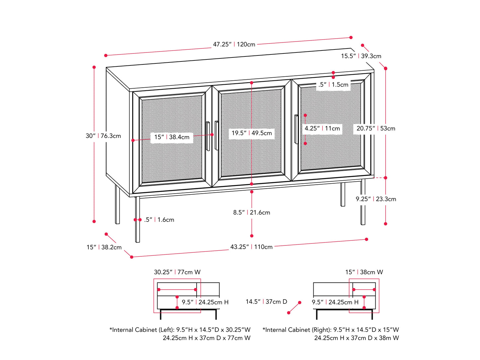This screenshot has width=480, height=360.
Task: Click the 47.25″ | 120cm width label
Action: click(x=234, y=44)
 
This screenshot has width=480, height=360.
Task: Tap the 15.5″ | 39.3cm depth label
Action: click(x=361, y=56)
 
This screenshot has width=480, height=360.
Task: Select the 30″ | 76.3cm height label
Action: click(x=103, y=136)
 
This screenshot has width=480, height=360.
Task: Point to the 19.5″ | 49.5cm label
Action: click(x=251, y=133)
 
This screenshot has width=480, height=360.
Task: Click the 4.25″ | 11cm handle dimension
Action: click(x=322, y=129)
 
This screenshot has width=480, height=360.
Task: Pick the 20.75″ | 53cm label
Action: click(x=376, y=129)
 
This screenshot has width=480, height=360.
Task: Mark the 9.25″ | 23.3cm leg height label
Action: click(x=376, y=199)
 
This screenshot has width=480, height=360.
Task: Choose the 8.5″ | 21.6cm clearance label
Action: click(x=251, y=213)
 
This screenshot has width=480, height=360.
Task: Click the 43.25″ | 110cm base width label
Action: click(x=251, y=247)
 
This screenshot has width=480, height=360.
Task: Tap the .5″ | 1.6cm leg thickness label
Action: click(x=159, y=220)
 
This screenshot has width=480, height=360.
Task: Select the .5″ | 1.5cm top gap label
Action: click(x=333, y=85)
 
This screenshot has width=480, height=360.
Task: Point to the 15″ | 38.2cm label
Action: click(x=104, y=247)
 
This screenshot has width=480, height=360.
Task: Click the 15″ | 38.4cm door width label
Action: click(x=172, y=137)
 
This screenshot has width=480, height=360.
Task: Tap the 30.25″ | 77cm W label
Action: click(x=177, y=272)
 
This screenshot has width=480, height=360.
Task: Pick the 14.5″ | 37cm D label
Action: click(x=266, y=302)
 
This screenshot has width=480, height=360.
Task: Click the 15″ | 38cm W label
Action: click(x=364, y=272)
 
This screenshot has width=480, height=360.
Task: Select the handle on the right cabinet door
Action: click(x=296, y=129)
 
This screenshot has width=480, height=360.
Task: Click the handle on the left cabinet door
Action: click(x=208, y=136)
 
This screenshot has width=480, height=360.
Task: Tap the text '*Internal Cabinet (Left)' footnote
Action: click(x=180, y=330)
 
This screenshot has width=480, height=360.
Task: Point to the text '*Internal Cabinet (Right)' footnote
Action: click(x=331, y=330)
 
